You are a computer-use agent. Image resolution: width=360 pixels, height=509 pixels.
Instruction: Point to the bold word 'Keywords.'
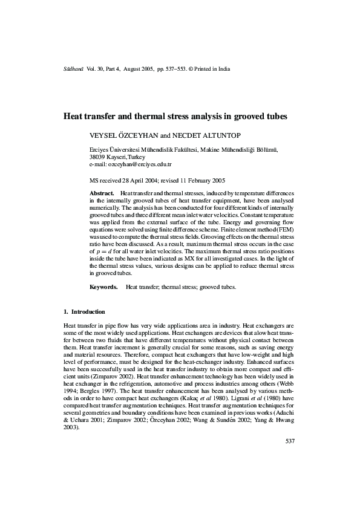103,287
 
